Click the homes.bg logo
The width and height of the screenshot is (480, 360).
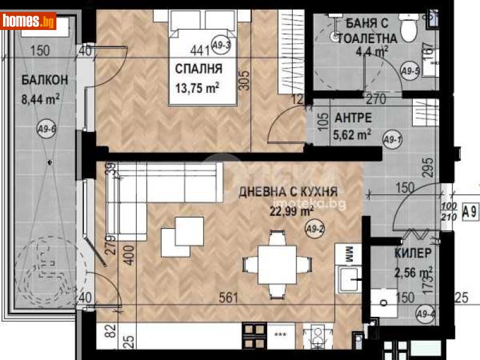[28, 21]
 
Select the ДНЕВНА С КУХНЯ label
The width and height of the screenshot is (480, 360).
[288, 193]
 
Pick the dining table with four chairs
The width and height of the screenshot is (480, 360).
[276, 264]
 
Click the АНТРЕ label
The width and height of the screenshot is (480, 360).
[353, 118]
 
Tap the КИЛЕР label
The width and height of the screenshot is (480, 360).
[412, 254]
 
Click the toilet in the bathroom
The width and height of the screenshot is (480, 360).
[409, 28]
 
